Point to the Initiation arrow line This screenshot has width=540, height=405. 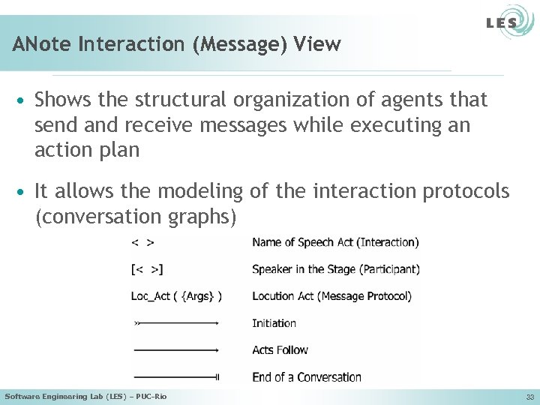[176, 323]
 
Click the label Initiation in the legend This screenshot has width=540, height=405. [274, 323]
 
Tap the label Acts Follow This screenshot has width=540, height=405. [280, 350]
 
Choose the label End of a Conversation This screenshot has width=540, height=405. [307, 376]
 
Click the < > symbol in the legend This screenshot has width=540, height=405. [143, 242]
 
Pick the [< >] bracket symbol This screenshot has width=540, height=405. [147, 269]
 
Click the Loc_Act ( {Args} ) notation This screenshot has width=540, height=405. [176, 296]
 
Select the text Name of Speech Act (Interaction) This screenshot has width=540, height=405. [335, 242]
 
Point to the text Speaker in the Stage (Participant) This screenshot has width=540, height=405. [336, 269]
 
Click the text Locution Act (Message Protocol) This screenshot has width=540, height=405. [331, 296]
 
